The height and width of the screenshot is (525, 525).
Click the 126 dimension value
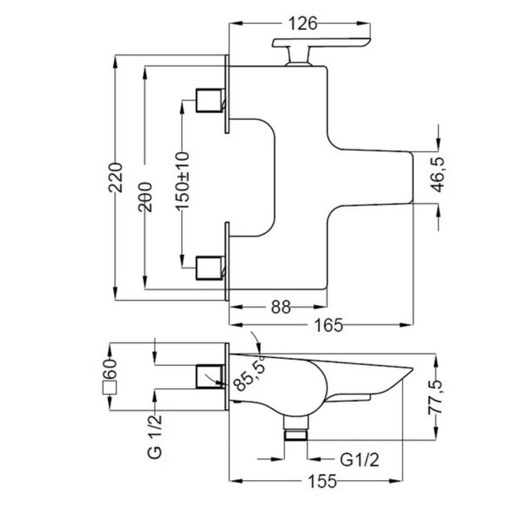(x=302, y=24)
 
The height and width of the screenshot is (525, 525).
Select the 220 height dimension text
(x=115, y=178)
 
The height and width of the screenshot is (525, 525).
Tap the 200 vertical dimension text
(x=145, y=197)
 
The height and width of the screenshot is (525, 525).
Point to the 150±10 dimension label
(x=182, y=181)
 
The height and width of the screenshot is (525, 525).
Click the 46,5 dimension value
(x=439, y=175)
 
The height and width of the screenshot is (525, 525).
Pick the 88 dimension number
(x=281, y=307)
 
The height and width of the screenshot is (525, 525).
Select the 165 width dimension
(x=328, y=325)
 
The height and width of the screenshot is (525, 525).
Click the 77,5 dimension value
(x=436, y=397)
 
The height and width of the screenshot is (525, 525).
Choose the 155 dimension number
(x=322, y=481)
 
